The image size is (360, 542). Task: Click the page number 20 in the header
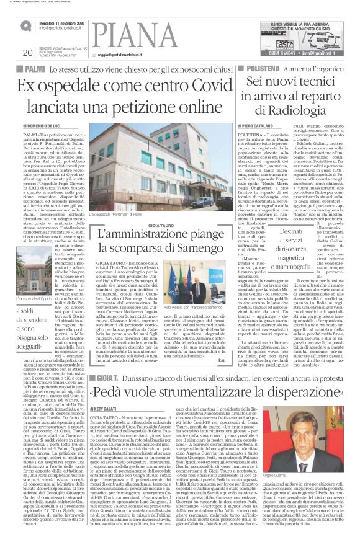pos(27,53)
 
